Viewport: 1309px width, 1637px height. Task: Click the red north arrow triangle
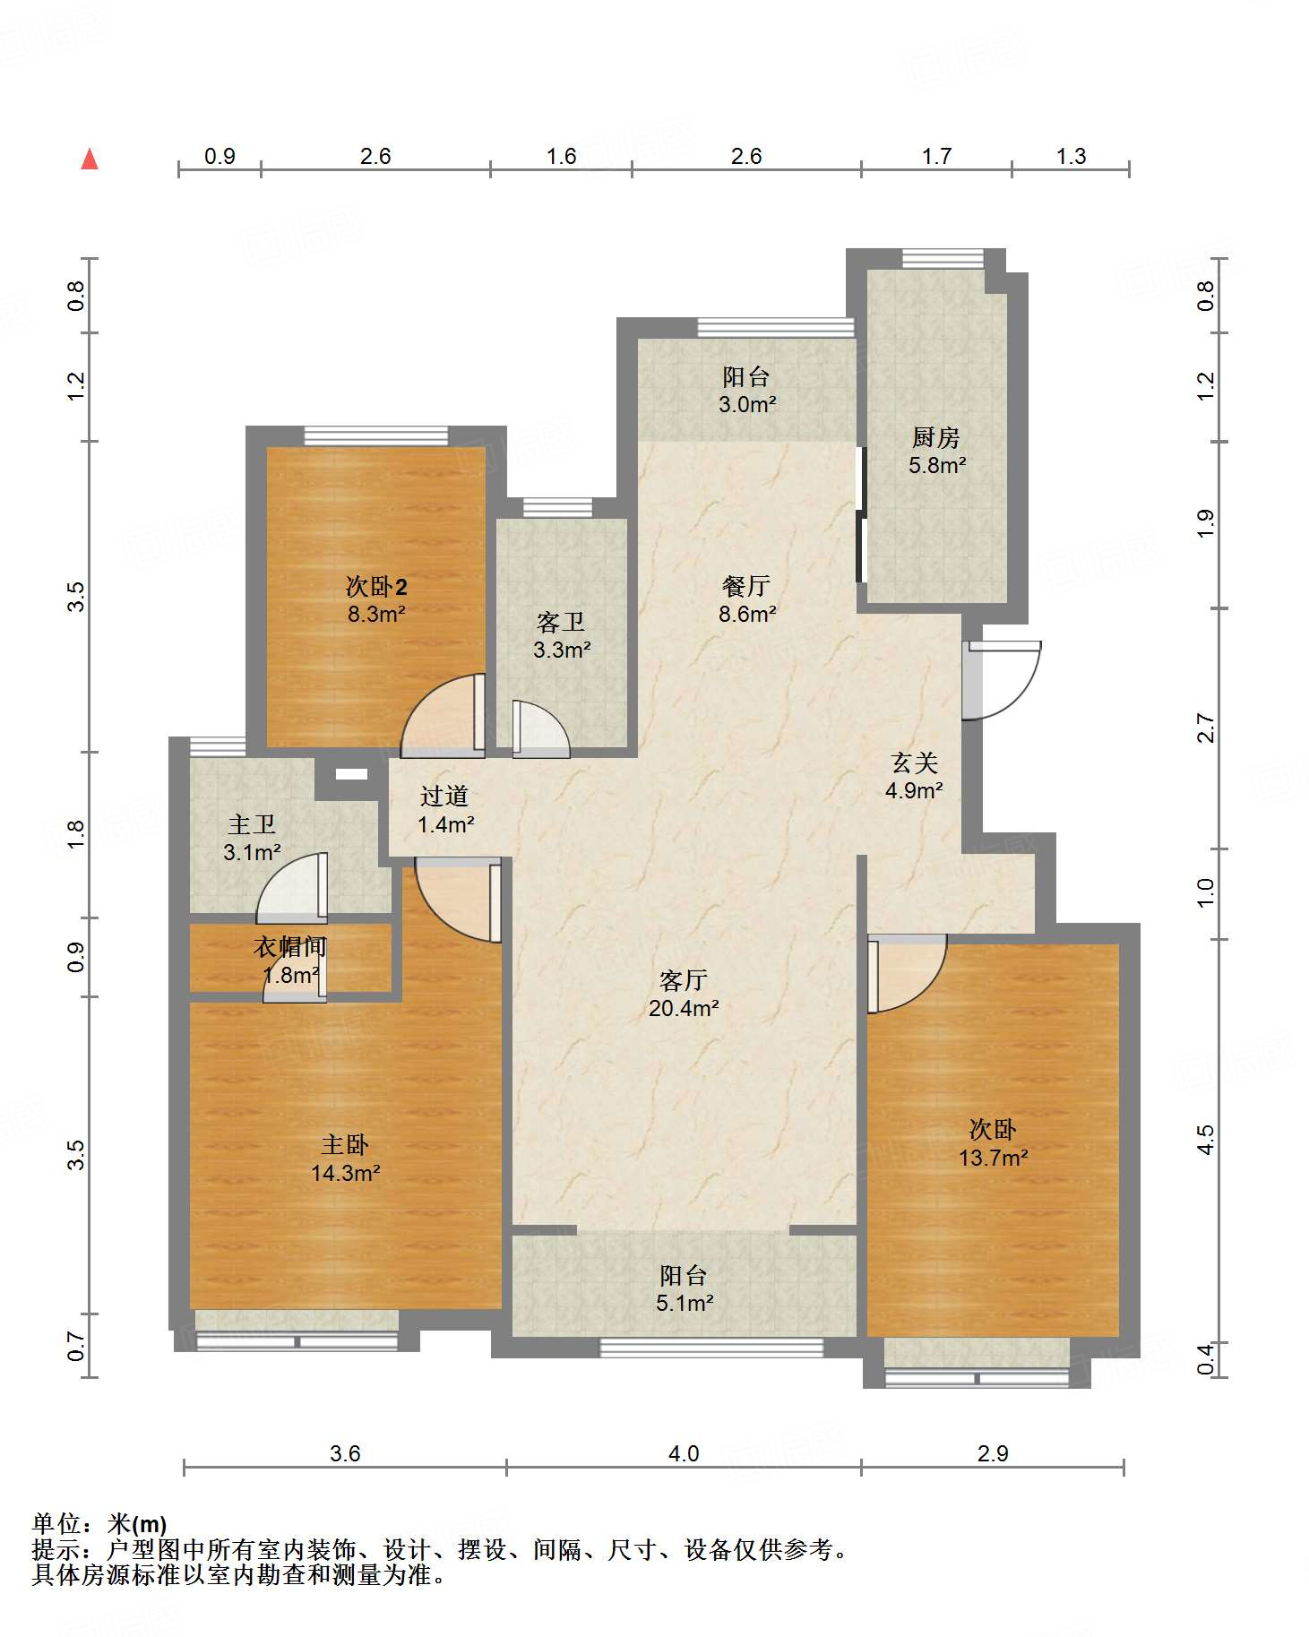[90, 159]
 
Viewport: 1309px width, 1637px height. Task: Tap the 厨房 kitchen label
[935, 438]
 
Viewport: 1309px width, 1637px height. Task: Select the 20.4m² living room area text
[684, 1008]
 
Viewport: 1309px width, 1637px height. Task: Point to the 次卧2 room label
[376, 587]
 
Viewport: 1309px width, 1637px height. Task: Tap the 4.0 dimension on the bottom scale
[684, 1453]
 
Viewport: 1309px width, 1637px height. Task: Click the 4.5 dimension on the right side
[1205, 1139]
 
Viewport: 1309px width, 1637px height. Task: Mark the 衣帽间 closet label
[289, 947]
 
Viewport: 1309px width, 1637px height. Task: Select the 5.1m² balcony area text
[684, 1303]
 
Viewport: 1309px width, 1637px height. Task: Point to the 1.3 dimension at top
[1071, 157]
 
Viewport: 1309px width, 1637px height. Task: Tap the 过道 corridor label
[444, 796]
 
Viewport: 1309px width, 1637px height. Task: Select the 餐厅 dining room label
[745, 587]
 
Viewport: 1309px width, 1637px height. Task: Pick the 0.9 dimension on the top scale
[220, 157]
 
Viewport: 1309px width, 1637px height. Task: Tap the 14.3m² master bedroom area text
[346, 1173]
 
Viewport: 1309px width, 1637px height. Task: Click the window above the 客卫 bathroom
[557, 508]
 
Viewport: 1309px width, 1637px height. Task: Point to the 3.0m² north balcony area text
[746, 404]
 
